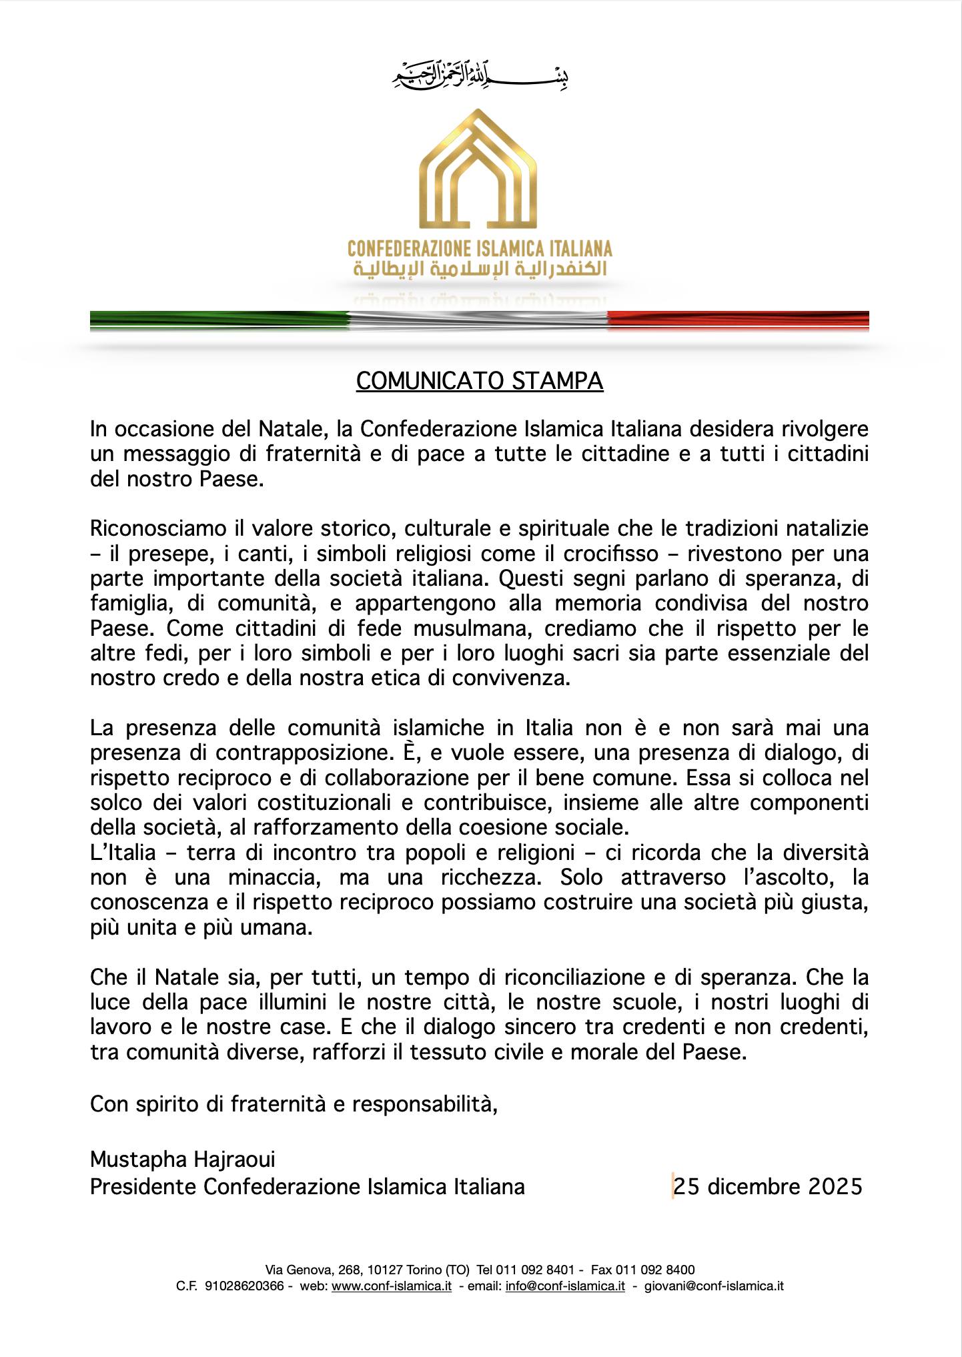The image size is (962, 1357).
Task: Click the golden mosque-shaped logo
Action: [478, 169]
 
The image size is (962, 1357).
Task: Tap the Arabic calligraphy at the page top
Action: [479, 75]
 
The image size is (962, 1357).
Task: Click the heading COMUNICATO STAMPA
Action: [480, 381]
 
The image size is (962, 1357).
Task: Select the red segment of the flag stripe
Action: [738, 320]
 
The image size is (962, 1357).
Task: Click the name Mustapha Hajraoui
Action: [183, 1160]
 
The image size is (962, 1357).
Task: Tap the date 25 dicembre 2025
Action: [768, 1187]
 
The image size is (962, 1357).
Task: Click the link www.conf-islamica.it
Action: [392, 1286]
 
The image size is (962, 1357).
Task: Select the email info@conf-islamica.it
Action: [565, 1286]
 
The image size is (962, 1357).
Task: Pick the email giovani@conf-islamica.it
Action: [714, 1286]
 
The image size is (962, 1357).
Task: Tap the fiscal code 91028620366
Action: [244, 1286]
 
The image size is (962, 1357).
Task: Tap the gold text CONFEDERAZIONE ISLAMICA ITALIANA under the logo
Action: [480, 249]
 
